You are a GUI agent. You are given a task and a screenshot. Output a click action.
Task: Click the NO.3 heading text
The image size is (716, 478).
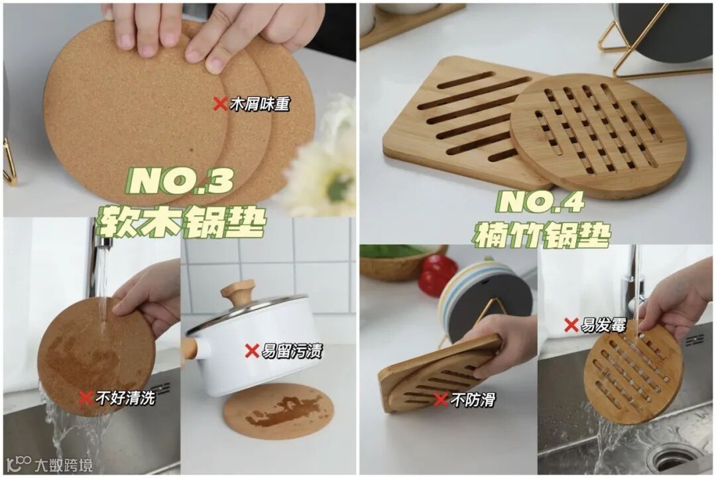(181, 181)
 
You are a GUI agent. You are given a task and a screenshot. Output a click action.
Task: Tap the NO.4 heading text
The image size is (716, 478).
(541, 202)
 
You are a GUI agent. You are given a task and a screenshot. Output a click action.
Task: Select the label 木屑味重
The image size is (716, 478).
(260, 104)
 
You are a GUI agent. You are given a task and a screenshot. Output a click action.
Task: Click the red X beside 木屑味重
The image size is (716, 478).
(220, 104)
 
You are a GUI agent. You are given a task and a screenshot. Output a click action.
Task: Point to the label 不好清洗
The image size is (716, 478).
(125, 398)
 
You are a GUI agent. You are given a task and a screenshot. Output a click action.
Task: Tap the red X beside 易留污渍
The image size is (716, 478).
(252, 351)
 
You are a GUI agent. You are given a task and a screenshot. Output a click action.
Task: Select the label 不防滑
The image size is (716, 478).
(473, 400)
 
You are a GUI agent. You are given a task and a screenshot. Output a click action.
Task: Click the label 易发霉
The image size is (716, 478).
(603, 325)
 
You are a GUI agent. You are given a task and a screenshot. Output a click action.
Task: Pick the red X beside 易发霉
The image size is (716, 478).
(571, 325)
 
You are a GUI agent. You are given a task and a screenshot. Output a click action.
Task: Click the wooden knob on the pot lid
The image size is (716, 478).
(237, 292)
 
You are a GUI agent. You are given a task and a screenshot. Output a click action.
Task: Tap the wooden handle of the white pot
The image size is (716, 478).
(190, 350)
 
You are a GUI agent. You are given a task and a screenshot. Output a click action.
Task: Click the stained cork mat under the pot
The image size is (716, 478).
(278, 411)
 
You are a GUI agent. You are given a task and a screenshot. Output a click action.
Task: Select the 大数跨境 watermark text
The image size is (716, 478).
(64, 465)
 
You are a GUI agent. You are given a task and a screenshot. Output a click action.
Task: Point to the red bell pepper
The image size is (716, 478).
(437, 275)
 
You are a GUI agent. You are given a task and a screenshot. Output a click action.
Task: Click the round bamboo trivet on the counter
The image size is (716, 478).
(598, 136)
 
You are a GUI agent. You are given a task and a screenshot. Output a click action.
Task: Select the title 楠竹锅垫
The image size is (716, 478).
(542, 234)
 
